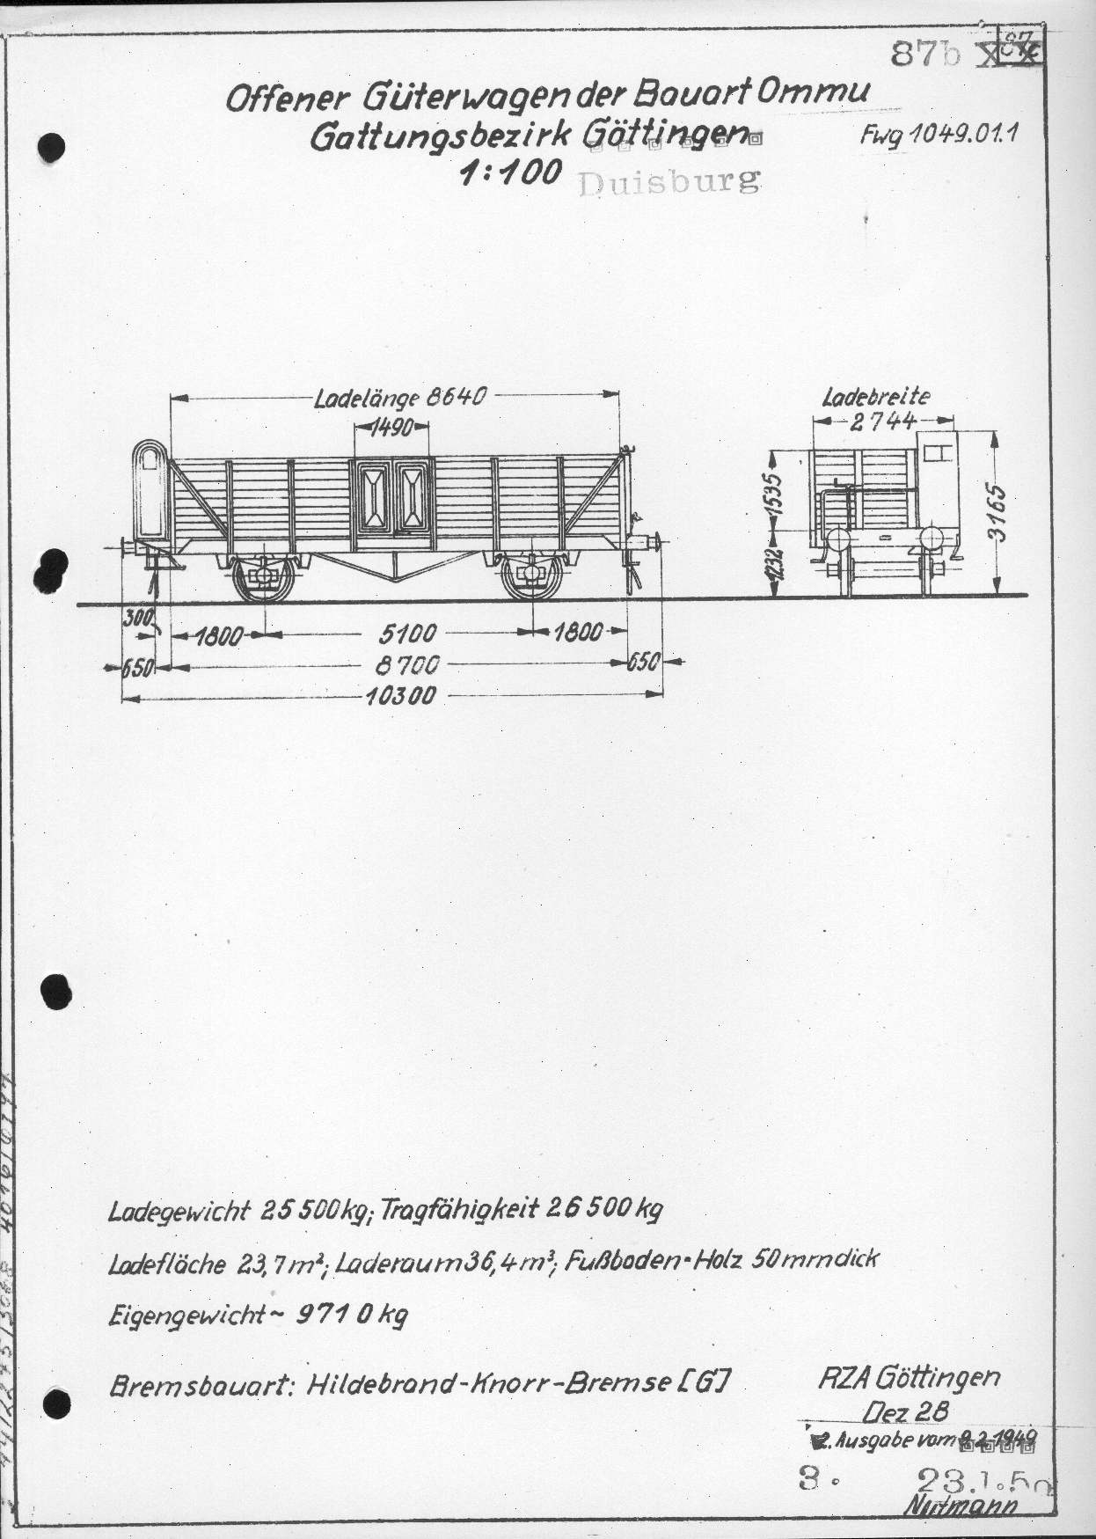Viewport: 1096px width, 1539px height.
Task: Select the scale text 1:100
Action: pyautogui.click(x=511, y=172)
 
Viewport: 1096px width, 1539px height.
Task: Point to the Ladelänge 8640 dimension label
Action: pyautogui.click(x=400, y=397)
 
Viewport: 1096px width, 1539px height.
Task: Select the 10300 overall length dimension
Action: pyautogui.click(x=400, y=696)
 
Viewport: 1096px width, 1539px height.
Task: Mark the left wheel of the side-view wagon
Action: pyautogui.click(x=264, y=576)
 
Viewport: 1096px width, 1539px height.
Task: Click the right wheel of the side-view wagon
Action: pyautogui.click(x=532, y=576)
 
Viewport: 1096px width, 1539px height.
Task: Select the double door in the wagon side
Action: pyautogui.click(x=393, y=497)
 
